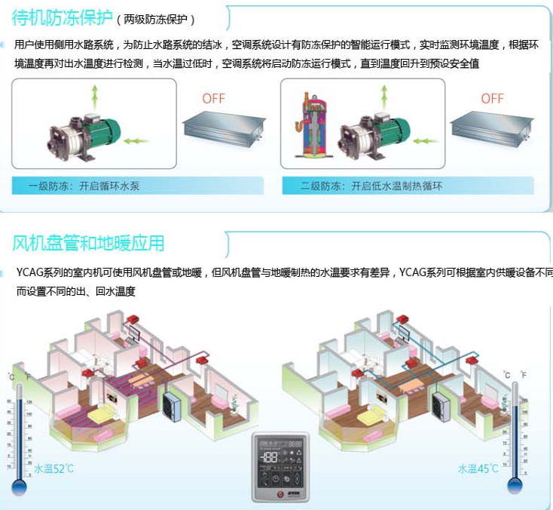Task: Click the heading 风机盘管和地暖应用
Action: (x=88, y=243)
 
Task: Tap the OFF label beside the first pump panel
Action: (x=214, y=99)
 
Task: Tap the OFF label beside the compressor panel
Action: (x=492, y=99)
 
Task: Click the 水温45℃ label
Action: (x=478, y=469)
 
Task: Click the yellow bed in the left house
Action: (x=105, y=414)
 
